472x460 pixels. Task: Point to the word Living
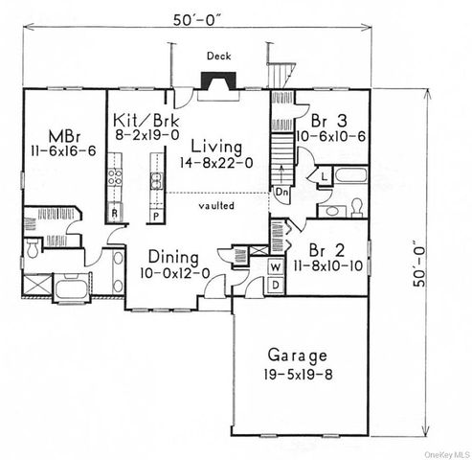[219, 146]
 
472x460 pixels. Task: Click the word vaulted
[215, 206]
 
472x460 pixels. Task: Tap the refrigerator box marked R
[115, 212]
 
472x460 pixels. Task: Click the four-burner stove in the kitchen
[115, 176]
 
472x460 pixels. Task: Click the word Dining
[173, 258]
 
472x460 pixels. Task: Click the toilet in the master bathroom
[32, 249]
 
